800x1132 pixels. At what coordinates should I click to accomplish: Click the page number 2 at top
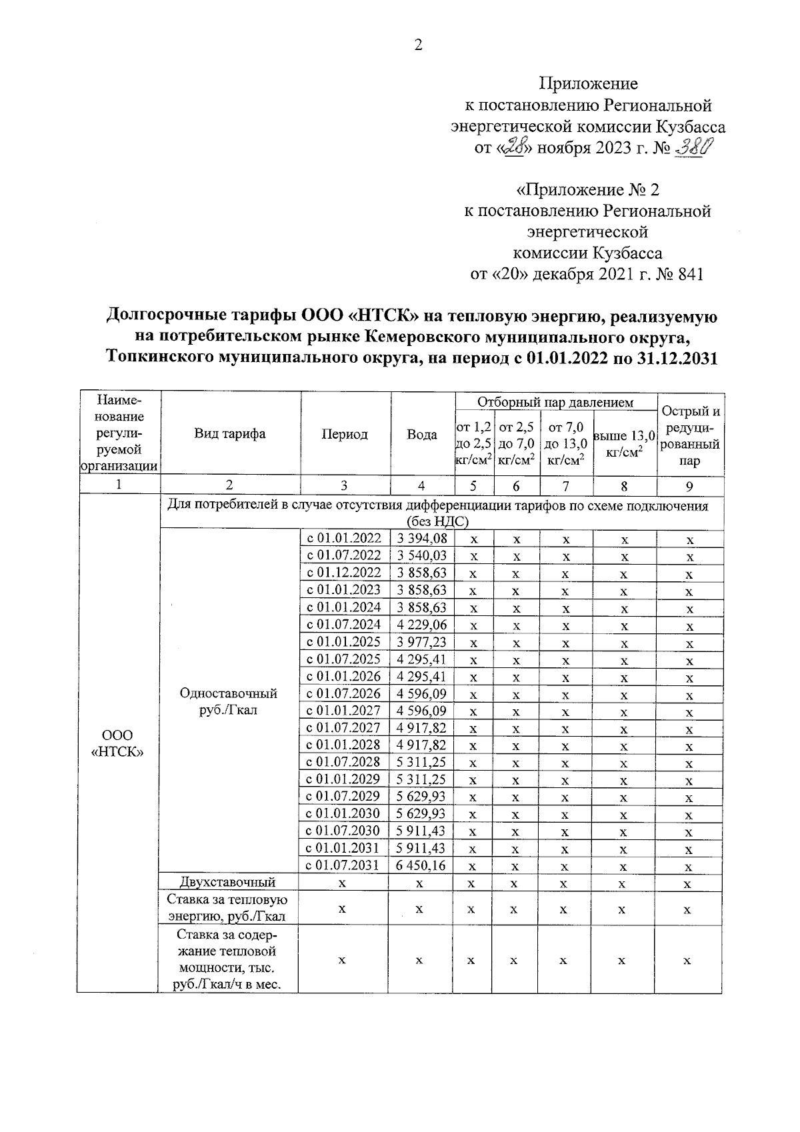pos(418,45)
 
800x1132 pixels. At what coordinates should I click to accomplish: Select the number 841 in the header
pos(690,275)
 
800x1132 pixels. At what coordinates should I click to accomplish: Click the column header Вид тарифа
pos(230,434)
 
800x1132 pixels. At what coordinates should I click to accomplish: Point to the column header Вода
pos(422,435)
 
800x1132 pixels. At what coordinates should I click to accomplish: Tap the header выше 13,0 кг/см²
pos(624,443)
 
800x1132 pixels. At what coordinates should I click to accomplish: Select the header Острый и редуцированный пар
pos(690,435)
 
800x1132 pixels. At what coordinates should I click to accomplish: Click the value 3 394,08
pos(422,539)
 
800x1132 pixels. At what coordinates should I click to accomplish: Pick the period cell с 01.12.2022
pos(344,573)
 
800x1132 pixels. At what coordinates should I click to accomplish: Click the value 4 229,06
pos(422,625)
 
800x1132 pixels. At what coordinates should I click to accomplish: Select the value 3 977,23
pos(422,642)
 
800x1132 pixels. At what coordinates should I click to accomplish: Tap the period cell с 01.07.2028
pos(344,762)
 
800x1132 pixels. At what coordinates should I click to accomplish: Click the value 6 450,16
pos(422,865)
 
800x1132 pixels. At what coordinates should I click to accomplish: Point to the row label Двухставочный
pos(229,883)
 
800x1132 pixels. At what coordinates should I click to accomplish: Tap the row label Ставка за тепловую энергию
pos(229,909)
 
